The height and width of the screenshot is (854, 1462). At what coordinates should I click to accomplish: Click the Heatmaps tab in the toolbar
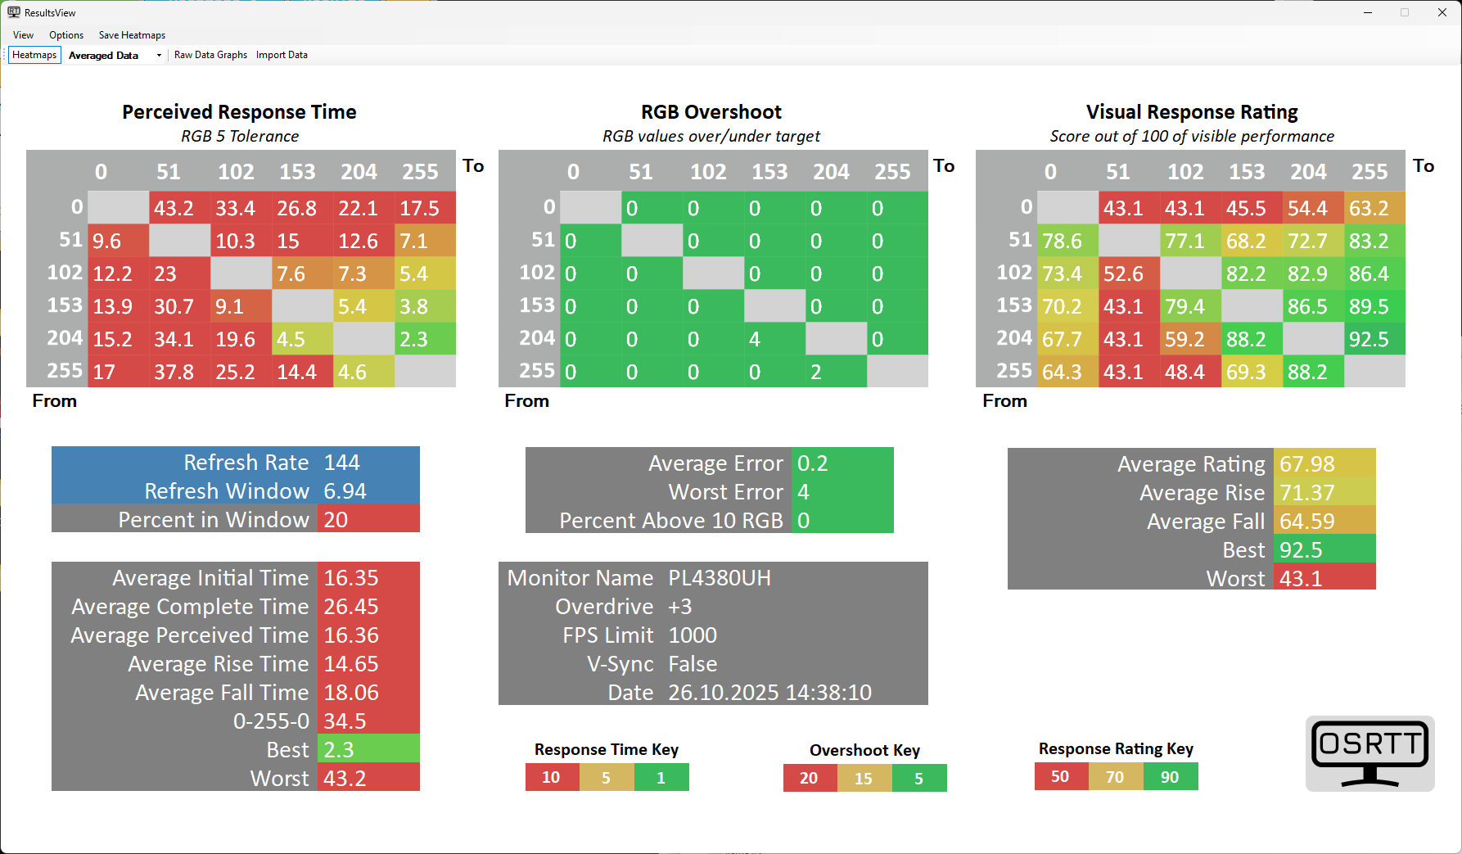click(x=34, y=55)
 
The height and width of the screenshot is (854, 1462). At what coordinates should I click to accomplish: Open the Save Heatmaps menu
click(x=132, y=35)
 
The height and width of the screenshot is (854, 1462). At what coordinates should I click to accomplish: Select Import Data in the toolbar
click(x=282, y=55)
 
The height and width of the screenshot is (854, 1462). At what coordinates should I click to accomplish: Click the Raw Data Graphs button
click(x=210, y=55)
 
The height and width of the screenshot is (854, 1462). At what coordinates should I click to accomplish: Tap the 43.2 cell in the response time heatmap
click(x=179, y=208)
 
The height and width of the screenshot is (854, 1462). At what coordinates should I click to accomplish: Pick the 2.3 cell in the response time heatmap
click(x=425, y=339)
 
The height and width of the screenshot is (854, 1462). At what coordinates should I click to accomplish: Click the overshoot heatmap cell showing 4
click(x=774, y=339)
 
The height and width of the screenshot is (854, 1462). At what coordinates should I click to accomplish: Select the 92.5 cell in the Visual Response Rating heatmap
click(x=1374, y=339)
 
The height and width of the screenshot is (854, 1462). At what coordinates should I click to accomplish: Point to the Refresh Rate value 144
click(x=342, y=463)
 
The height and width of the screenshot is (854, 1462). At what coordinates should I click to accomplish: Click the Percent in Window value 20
click(x=336, y=520)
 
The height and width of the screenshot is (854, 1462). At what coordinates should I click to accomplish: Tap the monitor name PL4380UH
click(x=720, y=578)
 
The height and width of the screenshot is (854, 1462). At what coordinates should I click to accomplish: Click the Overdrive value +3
click(x=680, y=607)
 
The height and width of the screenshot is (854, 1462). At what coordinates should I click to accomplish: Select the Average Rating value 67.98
click(x=1307, y=464)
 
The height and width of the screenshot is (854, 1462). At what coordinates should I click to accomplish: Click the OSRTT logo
click(x=1369, y=753)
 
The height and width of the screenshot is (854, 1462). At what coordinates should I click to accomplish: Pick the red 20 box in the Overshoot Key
click(x=810, y=778)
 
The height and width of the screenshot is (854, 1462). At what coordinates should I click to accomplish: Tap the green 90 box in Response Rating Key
click(x=1170, y=777)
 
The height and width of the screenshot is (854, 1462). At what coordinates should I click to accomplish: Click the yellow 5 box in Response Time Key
click(x=607, y=778)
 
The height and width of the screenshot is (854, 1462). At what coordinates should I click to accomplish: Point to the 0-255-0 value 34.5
click(x=345, y=721)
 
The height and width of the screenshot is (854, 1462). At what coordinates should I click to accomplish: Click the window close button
click(x=1442, y=12)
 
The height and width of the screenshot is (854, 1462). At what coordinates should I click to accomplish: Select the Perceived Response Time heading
click(x=239, y=112)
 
